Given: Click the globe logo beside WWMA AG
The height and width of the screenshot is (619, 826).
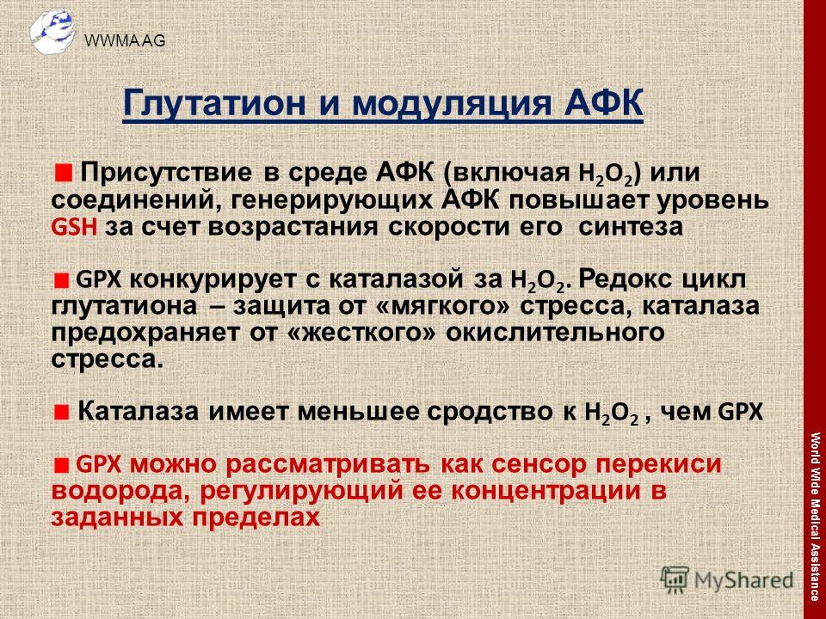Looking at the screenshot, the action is click(52, 31).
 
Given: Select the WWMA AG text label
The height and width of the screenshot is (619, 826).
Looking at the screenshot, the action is click(125, 40).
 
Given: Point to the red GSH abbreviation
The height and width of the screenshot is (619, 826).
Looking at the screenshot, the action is click(74, 227).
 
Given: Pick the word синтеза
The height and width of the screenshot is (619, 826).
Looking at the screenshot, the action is click(631, 227).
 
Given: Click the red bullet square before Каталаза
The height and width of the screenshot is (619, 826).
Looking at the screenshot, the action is click(62, 412).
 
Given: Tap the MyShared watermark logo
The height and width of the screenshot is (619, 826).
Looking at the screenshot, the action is click(727, 580).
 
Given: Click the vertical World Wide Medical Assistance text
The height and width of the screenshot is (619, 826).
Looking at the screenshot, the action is click(815, 517).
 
